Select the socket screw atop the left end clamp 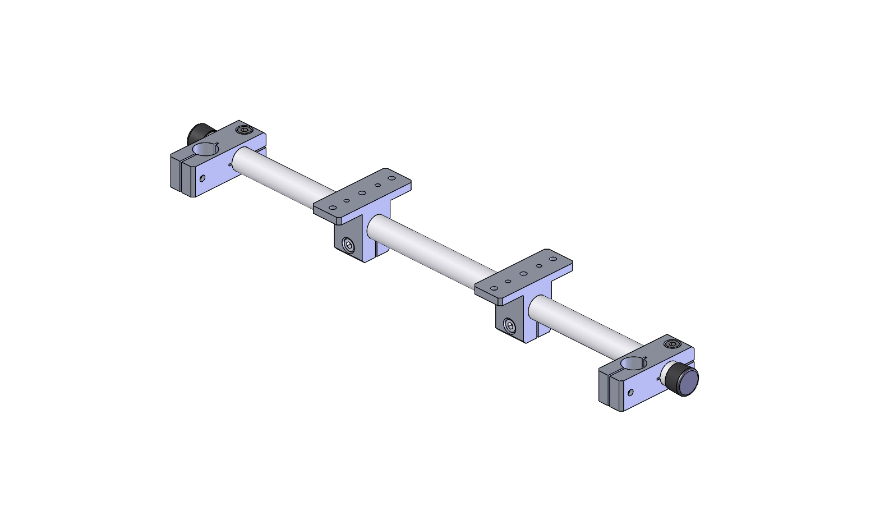tap(243, 130)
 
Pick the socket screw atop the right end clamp tap(671, 344)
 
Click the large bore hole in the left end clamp tap(205, 149)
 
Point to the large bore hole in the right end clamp tap(634, 364)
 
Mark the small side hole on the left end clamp tap(202, 178)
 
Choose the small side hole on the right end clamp tap(631, 392)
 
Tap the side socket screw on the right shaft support tap(510, 325)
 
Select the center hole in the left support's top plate tap(362, 193)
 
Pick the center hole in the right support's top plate tap(523, 274)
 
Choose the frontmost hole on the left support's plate tap(333, 208)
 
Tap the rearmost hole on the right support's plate tap(553, 259)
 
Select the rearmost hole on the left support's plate tap(392, 178)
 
